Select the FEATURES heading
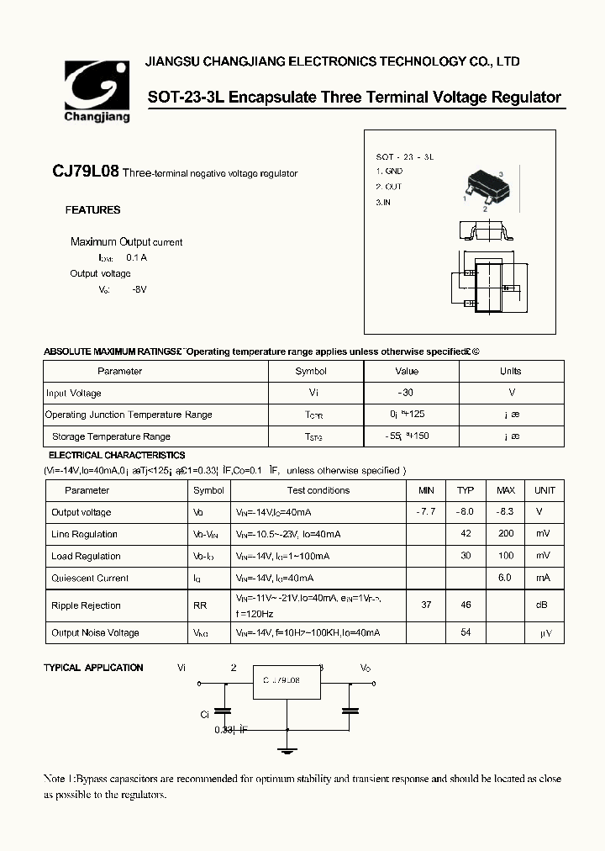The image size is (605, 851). coord(92,210)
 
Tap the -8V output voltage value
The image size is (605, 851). coord(139,289)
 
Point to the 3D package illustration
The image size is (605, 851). coord(482,187)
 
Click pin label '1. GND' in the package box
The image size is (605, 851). coord(389,172)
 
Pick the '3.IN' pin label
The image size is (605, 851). coord(383,203)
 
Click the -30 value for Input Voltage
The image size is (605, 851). coord(406,393)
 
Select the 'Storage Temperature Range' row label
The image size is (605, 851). coord(111,436)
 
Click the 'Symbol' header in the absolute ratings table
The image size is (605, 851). coord(311,371)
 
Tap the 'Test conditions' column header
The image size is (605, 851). coord(318,490)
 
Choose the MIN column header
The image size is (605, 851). coord(426,490)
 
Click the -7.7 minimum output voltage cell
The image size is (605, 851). coord(426,512)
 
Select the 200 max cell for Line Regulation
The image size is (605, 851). coord(506,534)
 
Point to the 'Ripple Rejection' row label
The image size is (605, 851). coord(86,605)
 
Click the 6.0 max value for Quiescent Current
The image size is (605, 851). coord(506,578)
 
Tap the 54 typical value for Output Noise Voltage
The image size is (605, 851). coord(466,632)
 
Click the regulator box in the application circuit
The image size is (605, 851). coord(287,681)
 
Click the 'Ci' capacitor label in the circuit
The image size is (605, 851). coord(204,715)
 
